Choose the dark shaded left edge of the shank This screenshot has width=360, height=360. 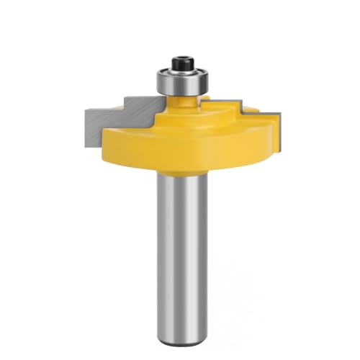pyautogui.click(x=157, y=238)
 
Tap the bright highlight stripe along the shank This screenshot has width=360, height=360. pyautogui.click(x=173, y=238)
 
